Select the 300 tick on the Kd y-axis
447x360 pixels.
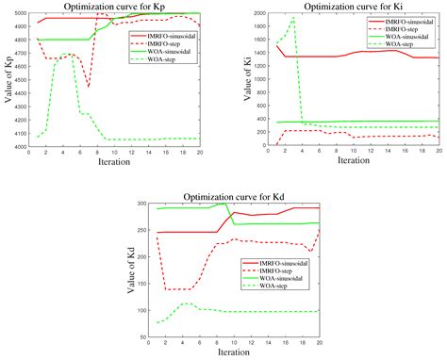[143, 203]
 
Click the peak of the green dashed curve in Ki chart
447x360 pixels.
[292, 19]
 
